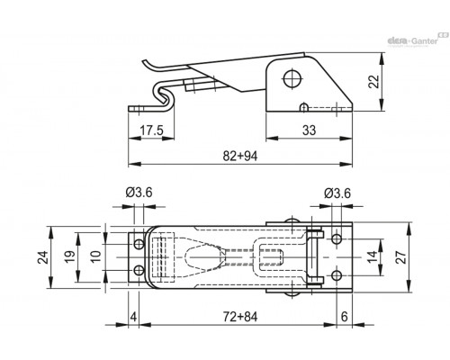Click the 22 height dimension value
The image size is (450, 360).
click(373, 82)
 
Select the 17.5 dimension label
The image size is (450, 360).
click(151, 130)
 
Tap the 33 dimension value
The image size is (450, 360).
click(309, 130)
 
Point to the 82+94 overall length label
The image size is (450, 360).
click(240, 156)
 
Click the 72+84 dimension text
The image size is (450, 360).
click(240, 317)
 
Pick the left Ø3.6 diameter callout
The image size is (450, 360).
click(139, 193)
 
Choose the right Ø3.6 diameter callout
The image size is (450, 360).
click(337, 193)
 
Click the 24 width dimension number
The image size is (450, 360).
click(43, 257)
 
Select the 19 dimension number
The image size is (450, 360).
click(70, 257)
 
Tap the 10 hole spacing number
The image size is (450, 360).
click(96, 257)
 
